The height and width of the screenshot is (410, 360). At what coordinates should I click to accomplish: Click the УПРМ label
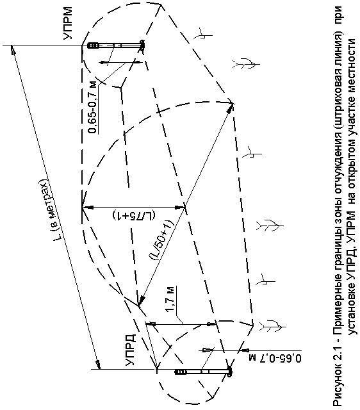click(x=68, y=23)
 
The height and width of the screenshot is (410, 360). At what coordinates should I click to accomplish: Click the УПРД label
click(x=130, y=350)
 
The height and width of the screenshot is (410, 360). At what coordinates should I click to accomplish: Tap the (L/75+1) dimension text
click(x=134, y=215)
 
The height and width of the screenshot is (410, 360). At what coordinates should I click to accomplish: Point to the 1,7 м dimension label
click(x=170, y=299)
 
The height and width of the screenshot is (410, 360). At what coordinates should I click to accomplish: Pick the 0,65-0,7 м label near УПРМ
click(x=94, y=108)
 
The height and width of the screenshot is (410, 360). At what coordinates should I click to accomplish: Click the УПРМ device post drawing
click(x=115, y=45)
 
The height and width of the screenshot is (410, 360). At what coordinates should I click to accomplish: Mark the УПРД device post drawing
click(x=203, y=372)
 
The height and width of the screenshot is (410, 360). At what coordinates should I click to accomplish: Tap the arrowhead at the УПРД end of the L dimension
click(x=98, y=365)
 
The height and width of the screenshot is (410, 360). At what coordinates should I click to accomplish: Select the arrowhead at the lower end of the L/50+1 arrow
click(x=141, y=302)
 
